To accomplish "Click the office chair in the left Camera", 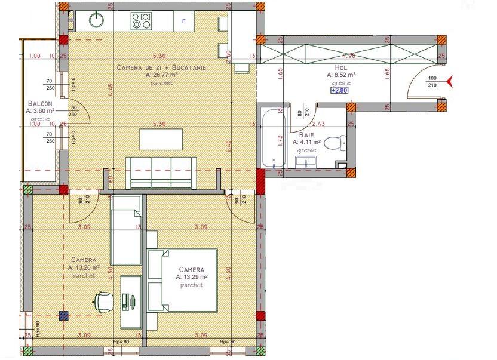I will (103, 300).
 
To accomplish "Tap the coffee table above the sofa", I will (161, 139).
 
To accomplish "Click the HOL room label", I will (341, 68).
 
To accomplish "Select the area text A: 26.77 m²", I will (162, 76).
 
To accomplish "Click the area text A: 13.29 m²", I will (191, 277).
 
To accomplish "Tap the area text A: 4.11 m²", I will (306, 143).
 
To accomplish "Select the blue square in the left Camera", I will (62, 316).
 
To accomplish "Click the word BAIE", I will (307, 136).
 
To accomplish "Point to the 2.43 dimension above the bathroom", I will (318, 124).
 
